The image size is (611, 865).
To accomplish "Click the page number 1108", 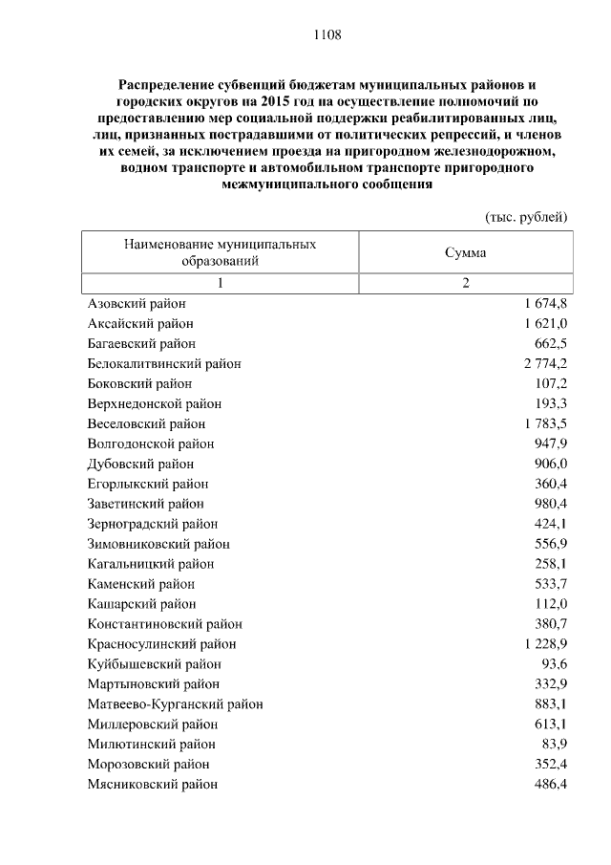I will pos(327,35).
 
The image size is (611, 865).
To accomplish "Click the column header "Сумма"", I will pos(465,252).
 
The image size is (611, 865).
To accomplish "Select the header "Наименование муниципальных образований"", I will pos(220,251).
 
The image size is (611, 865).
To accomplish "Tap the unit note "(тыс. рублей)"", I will pos(527,217).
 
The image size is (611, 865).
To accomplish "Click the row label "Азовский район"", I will pos(137,303).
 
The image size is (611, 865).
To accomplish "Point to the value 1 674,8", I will pos(545,303).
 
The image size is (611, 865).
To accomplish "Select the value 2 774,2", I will pos(545,363).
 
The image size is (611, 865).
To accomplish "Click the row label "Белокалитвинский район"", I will pos(164,363).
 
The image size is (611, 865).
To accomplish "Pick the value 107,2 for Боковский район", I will pos(552,383).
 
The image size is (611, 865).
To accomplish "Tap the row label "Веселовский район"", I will pos(146,423).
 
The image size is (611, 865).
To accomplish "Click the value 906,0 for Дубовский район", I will pos(552,464).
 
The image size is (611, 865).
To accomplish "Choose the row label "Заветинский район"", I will pos(145,504).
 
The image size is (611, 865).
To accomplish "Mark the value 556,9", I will pos(552,544).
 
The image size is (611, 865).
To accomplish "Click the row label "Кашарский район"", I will pos(141,604).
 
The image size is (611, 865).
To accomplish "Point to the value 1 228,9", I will pos(545,644).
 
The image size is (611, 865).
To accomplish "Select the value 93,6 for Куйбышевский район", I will pos(556,664).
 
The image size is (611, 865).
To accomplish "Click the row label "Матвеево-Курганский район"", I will pos(175,704).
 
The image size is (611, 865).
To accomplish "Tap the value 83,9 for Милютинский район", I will pos(556,745).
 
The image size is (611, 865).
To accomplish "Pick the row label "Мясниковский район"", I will pos(152,785).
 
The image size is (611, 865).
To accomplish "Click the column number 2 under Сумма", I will pos(466,283).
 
